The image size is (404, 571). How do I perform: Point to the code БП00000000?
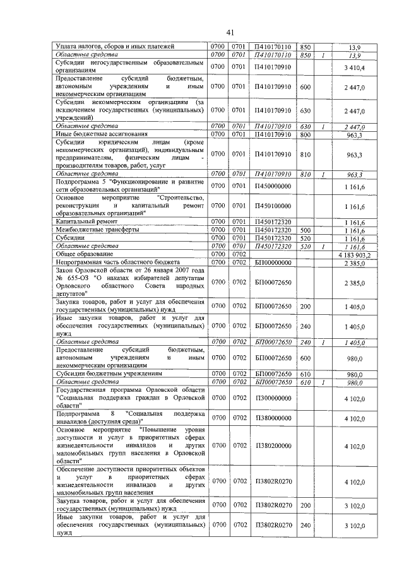(x=273, y=262)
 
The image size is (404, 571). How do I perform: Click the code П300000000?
(x=273, y=398)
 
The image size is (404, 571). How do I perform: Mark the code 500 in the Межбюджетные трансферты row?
(x=306, y=231)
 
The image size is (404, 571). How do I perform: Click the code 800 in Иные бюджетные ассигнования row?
(x=306, y=134)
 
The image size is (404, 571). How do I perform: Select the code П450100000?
(x=273, y=206)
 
